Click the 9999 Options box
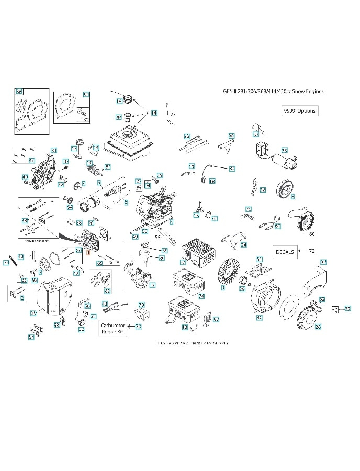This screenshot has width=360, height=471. click(300, 111)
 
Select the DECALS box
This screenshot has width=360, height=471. click(285, 252)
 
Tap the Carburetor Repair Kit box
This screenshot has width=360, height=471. click(113, 329)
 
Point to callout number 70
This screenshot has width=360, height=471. click(138, 327)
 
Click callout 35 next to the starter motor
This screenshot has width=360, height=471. click(284, 150)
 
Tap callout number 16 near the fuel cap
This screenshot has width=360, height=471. click(119, 101)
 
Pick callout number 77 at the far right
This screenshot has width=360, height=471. click(347, 309)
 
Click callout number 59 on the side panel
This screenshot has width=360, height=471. click(323, 261)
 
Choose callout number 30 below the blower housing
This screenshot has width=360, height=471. click(259, 317)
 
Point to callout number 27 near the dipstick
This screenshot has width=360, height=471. click(173, 114)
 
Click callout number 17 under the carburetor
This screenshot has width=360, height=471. click(152, 285)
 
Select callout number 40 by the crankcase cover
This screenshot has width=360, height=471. click(25, 177)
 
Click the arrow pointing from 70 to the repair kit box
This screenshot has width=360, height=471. click(130, 327)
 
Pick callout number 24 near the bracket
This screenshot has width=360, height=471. click(244, 245)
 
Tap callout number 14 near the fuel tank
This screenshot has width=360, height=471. click(154, 113)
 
